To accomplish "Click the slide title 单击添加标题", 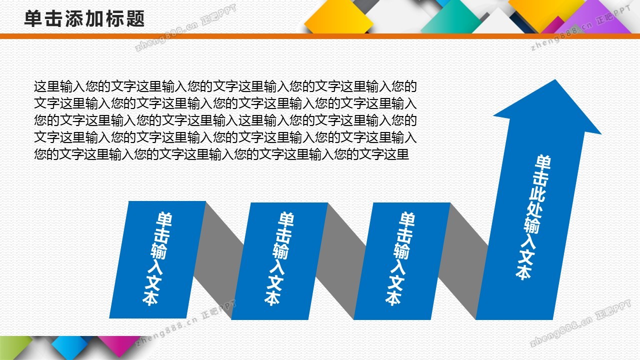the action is (x=84, y=19).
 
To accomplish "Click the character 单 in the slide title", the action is (x=33, y=19).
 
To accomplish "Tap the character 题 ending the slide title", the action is (x=135, y=19).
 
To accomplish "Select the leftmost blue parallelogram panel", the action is (x=157, y=259).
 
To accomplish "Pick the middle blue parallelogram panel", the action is (x=279, y=261).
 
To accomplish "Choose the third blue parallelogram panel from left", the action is (x=402, y=261).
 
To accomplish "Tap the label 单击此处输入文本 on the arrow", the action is (x=533, y=217).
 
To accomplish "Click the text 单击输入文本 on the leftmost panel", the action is (x=157, y=258).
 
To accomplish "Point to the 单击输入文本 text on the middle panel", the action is (x=279, y=258).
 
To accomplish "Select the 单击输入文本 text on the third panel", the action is (x=400, y=258).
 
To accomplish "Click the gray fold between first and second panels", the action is (x=218, y=260).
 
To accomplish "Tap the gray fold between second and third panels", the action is (x=340, y=261).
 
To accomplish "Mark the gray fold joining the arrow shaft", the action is (x=463, y=261).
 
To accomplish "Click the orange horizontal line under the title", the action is (x=320, y=36).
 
